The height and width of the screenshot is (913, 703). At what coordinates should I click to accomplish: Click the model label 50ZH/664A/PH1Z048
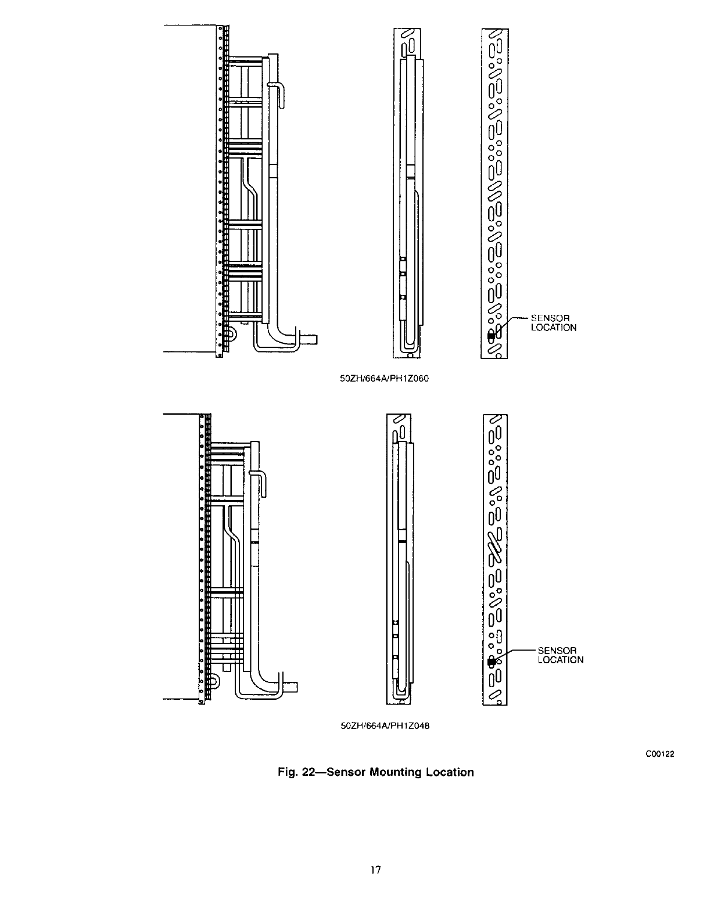384,726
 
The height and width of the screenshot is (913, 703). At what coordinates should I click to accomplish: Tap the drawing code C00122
662,754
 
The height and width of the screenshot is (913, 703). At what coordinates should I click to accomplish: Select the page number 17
375,869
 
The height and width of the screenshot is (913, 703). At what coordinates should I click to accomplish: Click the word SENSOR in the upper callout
550,318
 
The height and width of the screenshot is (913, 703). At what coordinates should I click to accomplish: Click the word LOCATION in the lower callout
560,660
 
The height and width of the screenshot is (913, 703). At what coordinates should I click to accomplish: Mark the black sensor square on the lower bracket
491,661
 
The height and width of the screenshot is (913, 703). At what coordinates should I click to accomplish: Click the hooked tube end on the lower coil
260,481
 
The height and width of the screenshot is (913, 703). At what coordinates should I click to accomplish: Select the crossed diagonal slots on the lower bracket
494,547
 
